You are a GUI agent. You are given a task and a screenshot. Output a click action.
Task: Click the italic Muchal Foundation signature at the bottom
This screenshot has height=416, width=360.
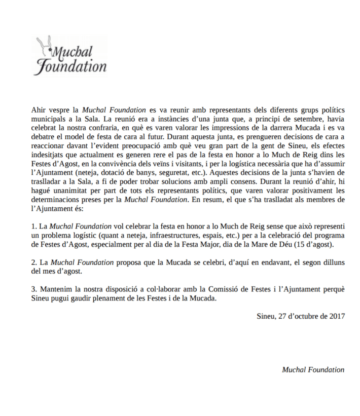point(313,369)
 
